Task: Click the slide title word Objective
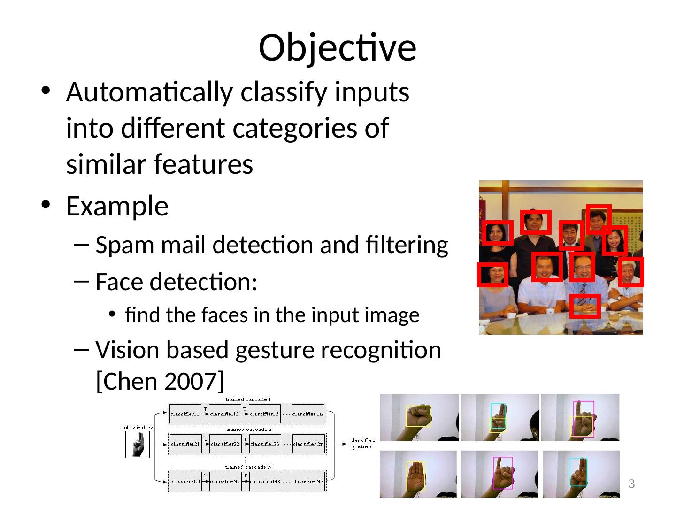(x=337, y=47)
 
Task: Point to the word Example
(x=117, y=206)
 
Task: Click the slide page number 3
(x=631, y=484)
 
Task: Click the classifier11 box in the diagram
(x=185, y=414)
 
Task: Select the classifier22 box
(x=225, y=444)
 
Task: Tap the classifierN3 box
(x=265, y=481)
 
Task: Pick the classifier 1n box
(x=308, y=414)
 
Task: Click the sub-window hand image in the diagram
(x=137, y=444)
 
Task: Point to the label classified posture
(x=362, y=443)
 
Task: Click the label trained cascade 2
(x=248, y=429)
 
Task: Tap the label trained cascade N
(x=248, y=467)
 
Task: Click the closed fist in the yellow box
(x=417, y=416)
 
